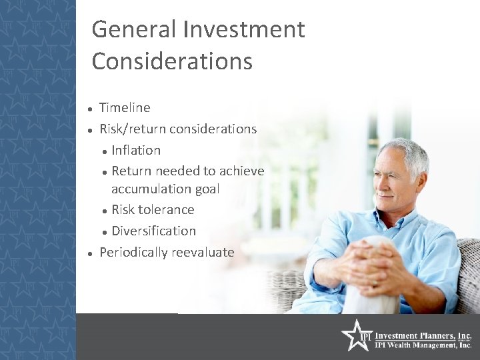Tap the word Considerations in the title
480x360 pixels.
tap(172, 61)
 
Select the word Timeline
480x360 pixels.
tap(125, 107)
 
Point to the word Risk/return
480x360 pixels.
tap(133, 129)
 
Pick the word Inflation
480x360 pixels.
tap(136, 150)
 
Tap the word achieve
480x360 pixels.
tap(242, 171)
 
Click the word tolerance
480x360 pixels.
tap(166, 210)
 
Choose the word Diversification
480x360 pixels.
tap(153, 231)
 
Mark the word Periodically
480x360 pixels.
tap(133, 253)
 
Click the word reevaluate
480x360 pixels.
tap(203, 253)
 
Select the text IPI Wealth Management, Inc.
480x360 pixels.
tap(423, 345)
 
